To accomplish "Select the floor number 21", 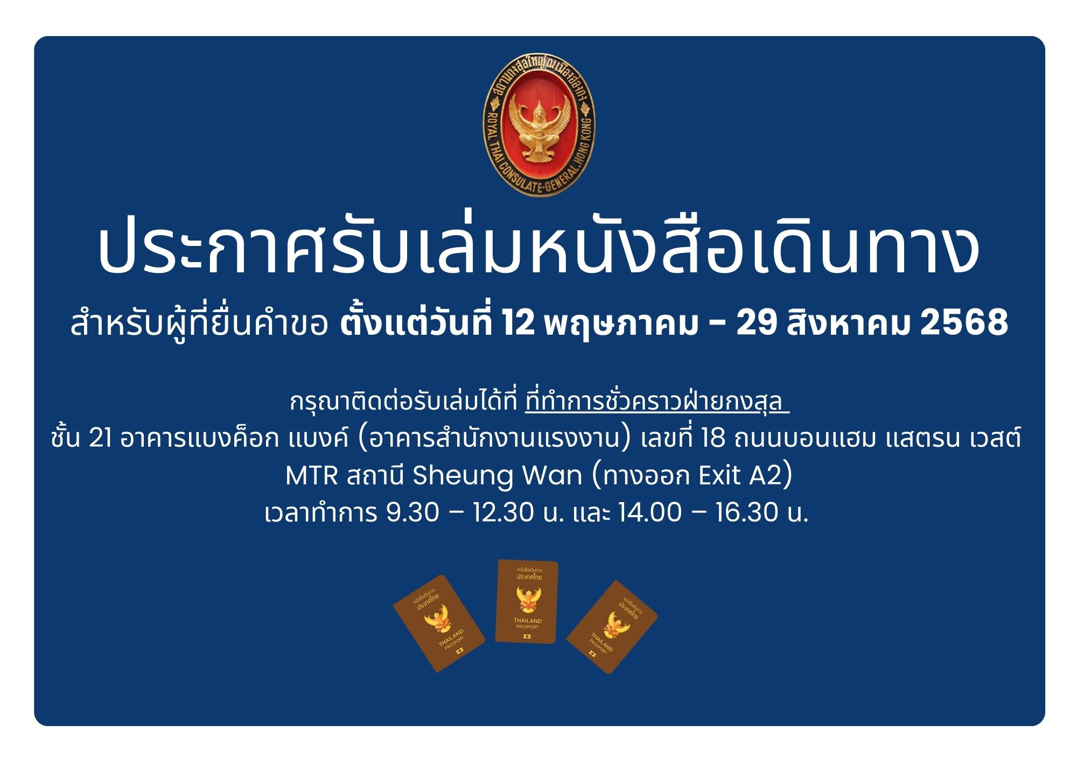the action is (x=101, y=439).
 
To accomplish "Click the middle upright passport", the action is (x=527, y=601).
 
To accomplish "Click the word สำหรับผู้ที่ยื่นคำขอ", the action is (x=199, y=323).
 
